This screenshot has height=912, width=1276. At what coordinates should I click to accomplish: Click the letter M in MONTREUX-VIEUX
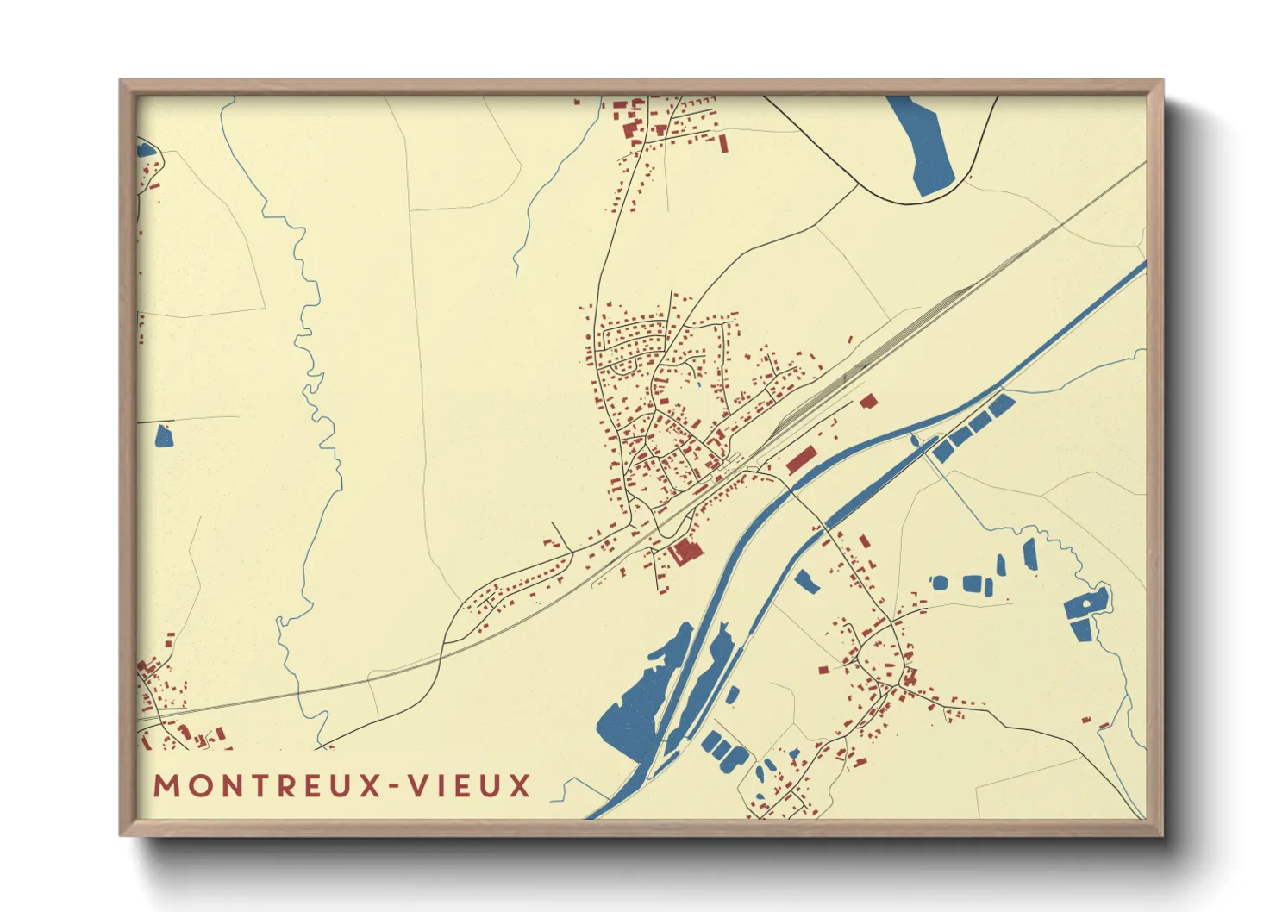(x=168, y=786)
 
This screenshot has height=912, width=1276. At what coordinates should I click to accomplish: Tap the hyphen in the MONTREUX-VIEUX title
(x=393, y=786)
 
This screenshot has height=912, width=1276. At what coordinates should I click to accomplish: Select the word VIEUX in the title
(x=469, y=786)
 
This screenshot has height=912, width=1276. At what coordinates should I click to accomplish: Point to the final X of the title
(x=519, y=786)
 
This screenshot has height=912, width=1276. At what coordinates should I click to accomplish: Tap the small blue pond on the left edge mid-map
(x=163, y=437)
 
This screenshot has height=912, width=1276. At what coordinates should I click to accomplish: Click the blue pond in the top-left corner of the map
(x=145, y=150)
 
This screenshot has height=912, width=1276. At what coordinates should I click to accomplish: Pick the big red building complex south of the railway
(x=686, y=551)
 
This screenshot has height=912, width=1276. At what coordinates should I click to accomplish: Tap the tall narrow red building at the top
(x=723, y=142)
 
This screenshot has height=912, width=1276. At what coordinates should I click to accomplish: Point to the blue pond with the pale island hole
(x=1088, y=605)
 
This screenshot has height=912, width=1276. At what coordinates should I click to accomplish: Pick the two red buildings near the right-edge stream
(x=1095, y=723)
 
